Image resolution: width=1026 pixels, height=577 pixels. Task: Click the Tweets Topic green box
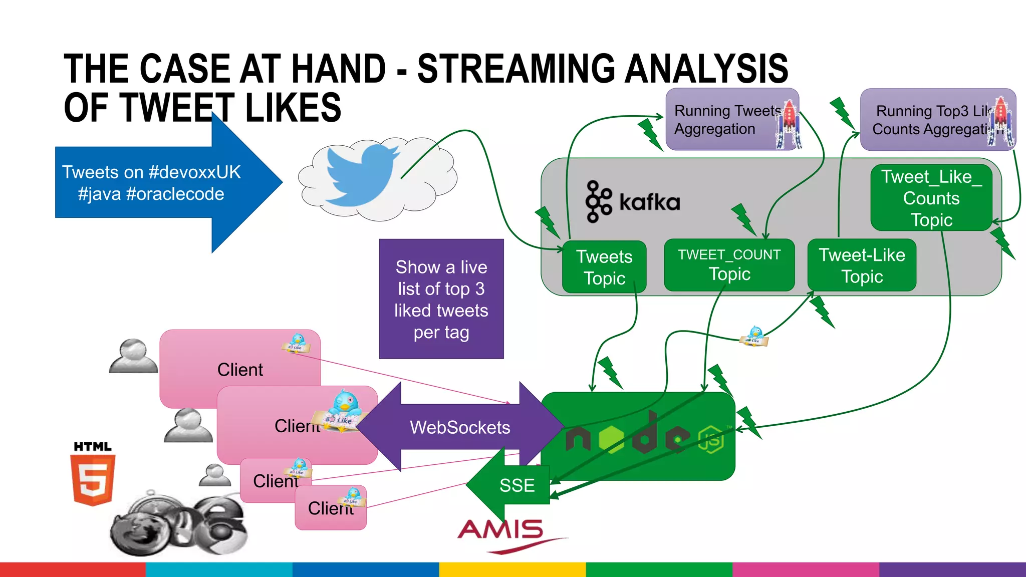pyautogui.click(x=604, y=267)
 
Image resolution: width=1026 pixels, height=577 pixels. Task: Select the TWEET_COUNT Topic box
pyautogui.click(x=729, y=265)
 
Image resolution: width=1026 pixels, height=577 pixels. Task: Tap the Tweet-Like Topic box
pyautogui.click(x=862, y=265)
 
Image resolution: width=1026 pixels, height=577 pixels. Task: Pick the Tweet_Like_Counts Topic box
pyautogui.click(x=931, y=198)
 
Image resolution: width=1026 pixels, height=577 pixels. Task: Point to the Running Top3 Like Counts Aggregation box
pyautogui.click(x=932, y=120)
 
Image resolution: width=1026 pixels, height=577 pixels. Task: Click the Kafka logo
pyautogui.click(x=633, y=201)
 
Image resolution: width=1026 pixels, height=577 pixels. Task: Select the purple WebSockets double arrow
pyautogui.click(x=460, y=427)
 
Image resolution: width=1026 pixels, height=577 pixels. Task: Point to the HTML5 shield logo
pyautogui.click(x=93, y=475)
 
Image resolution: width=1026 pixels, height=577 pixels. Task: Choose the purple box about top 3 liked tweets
pyautogui.click(x=441, y=299)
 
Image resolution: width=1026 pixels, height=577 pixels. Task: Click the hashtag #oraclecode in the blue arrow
pyautogui.click(x=175, y=194)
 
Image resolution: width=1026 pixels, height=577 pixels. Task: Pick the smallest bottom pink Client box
pyautogui.click(x=330, y=508)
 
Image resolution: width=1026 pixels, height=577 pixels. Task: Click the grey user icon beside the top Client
pyautogui.click(x=133, y=357)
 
